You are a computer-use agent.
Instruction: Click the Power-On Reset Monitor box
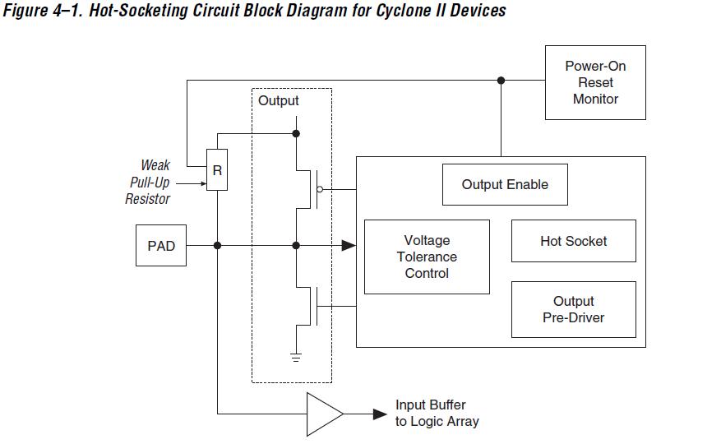(x=595, y=82)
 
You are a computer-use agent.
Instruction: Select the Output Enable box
(x=505, y=184)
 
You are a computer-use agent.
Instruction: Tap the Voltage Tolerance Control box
(x=427, y=257)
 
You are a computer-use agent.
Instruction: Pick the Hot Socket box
(x=573, y=241)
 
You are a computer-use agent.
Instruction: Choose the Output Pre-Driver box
(x=573, y=309)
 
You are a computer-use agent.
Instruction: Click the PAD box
(x=161, y=245)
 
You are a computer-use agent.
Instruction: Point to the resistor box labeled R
(x=217, y=170)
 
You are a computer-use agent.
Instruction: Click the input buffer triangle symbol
(x=323, y=414)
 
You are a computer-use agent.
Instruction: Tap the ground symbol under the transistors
(x=296, y=356)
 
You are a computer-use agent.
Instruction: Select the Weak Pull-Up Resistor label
(x=148, y=182)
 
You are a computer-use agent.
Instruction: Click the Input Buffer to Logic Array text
(x=437, y=413)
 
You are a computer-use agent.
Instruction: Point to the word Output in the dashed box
(x=279, y=101)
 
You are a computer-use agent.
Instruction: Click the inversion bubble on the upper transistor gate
(x=320, y=188)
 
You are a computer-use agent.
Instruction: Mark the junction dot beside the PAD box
(x=217, y=245)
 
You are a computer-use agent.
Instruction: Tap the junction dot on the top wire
(x=501, y=81)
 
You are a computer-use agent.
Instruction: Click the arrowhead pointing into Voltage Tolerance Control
(x=349, y=245)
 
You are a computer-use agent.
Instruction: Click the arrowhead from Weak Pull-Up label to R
(x=201, y=183)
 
